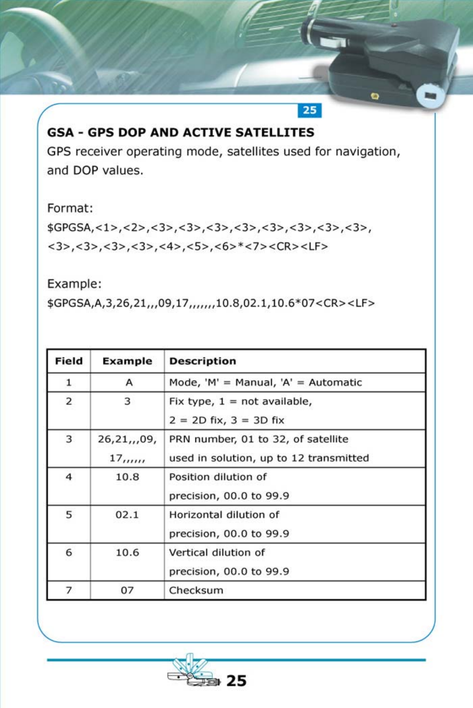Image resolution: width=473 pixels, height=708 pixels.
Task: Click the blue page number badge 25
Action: (310, 110)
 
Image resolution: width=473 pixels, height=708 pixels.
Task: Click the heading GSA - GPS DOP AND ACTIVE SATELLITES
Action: (181, 132)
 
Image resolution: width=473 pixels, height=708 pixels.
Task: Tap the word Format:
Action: (70, 208)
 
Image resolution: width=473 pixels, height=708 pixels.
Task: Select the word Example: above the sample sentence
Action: (74, 284)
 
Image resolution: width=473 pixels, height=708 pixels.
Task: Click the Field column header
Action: (69, 361)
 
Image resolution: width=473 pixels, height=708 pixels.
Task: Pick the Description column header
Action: (202, 361)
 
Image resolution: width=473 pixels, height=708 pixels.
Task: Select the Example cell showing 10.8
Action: (127, 477)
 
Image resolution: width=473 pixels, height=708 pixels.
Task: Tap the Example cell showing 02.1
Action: (127, 515)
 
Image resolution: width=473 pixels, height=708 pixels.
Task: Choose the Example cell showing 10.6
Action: (127, 552)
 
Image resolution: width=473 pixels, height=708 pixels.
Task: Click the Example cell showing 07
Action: (127, 590)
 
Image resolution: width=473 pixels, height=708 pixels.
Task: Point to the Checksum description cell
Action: (196, 590)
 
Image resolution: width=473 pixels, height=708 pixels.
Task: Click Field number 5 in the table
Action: (69, 515)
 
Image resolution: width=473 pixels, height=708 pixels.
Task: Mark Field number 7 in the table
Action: (69, 590)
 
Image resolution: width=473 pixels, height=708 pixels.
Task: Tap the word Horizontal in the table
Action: (193, 515)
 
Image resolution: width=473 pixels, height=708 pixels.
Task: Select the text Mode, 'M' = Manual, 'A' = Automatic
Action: (265, 383)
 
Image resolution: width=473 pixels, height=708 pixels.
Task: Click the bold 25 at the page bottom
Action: (236, 681)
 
